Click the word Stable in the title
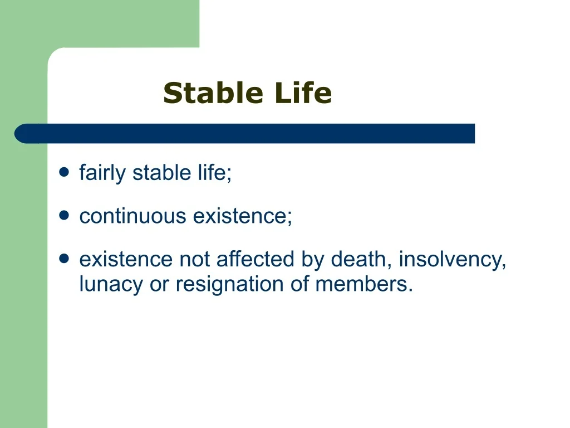tap(213, 93)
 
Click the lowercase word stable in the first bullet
tap(161, 172)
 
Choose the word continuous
tap(132, 216)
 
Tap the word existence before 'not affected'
tap(126, 260)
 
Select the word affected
tap(255, 259)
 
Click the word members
tap(364, 284)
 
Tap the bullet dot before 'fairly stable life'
tap(64, 172)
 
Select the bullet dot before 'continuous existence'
tap(64, 215)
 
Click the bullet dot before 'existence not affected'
tap(64, 259)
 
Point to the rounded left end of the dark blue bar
tap(15, 134)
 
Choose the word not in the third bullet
tap(194, 260)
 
